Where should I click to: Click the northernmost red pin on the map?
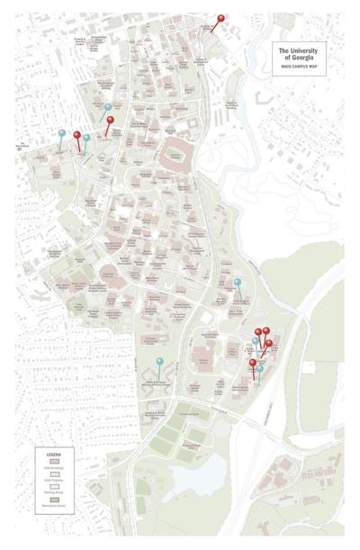point(221,18)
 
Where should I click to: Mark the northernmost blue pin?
point(109,107)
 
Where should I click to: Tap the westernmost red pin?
point(76,136)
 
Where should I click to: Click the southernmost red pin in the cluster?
point(253,364)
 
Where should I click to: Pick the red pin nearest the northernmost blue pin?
point(111,120)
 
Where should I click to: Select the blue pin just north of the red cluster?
point(238,283)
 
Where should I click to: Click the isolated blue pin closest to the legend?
point(159,362)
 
